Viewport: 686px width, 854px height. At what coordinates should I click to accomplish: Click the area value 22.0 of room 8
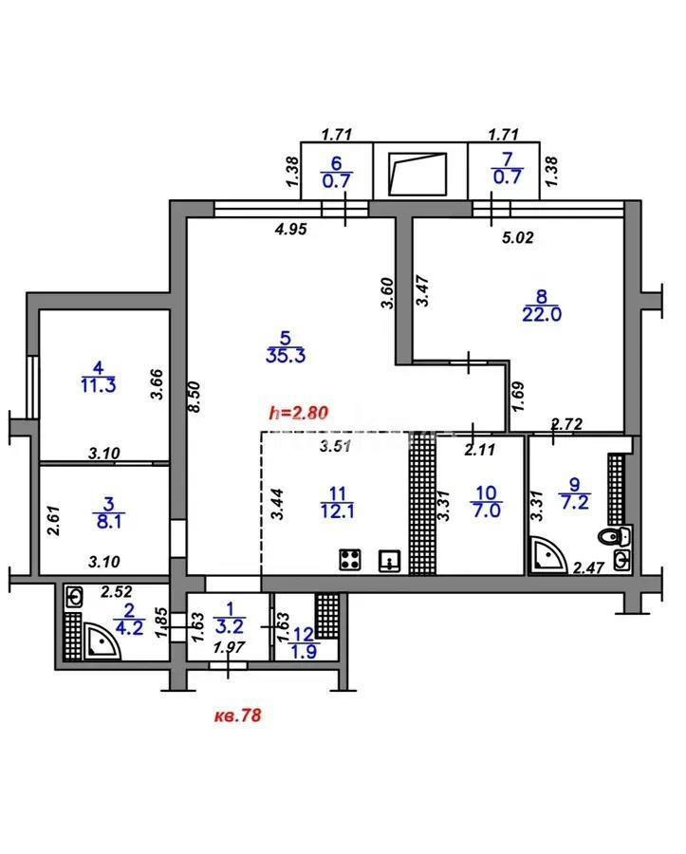coord(543,315)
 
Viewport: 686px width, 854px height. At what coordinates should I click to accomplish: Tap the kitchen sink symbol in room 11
coord(388,560)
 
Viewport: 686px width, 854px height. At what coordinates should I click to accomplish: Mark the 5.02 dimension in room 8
coord(518,238)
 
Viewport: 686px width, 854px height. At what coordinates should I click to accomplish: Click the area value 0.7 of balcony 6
coord(337,176)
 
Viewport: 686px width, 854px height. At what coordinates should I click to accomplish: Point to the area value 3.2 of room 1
coord(229,627)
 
